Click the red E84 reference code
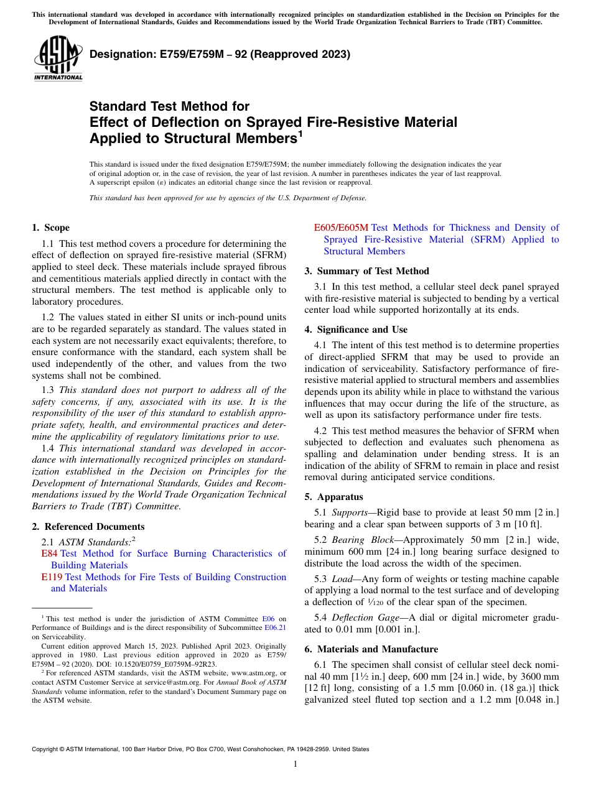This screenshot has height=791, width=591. coord(49,553)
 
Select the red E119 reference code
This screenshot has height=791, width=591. coord(52,577)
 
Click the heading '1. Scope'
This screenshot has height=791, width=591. coord(50,228)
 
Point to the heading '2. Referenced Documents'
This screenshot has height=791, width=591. coord(80,526)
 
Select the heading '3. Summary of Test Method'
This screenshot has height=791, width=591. coord(366,271)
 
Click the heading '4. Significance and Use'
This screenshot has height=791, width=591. coord(356,330)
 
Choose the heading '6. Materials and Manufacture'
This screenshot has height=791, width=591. coord(371,649)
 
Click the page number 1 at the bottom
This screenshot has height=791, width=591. coord(295,764)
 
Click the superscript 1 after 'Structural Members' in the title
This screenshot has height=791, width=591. coord(300,133)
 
